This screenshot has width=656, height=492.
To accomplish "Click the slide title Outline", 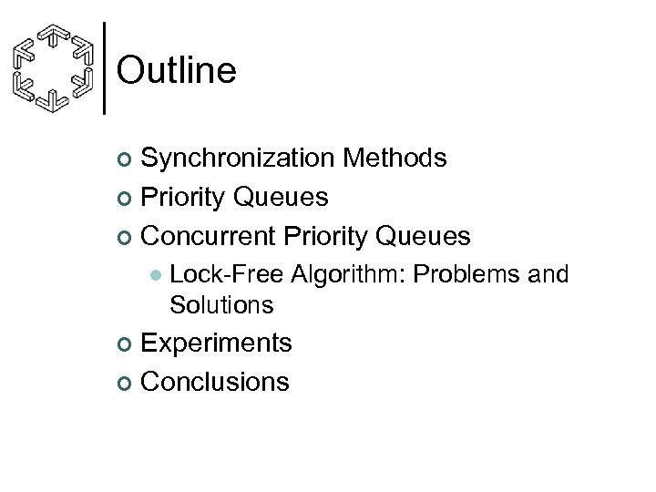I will [x=177, y=70].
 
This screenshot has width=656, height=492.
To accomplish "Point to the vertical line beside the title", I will [x=107, y=67].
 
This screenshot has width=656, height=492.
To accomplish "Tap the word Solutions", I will [x=221, y=304].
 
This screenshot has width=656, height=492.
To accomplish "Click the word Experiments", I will [x=217, y=343].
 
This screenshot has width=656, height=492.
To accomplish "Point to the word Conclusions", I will [x=216, y=381].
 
